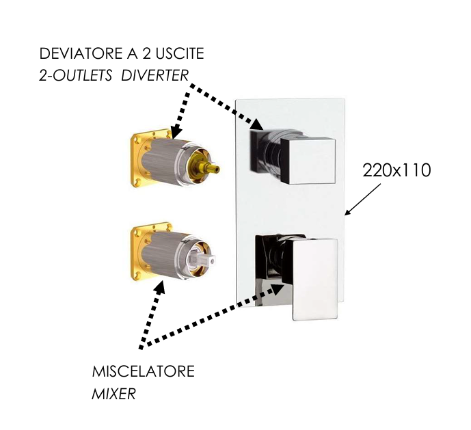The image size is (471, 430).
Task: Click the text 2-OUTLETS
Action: click(x=77, y=75)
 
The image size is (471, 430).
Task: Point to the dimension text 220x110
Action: click(x=396, y=170)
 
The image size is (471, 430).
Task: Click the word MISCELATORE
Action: click(x=144, y=372)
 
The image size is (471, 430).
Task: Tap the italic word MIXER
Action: click(x=114, y=394)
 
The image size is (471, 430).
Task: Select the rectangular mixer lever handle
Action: click(x=314, y=278)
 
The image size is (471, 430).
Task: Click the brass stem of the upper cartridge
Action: click(x=213, y=167)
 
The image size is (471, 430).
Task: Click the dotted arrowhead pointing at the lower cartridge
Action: click(x=159, y=287)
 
